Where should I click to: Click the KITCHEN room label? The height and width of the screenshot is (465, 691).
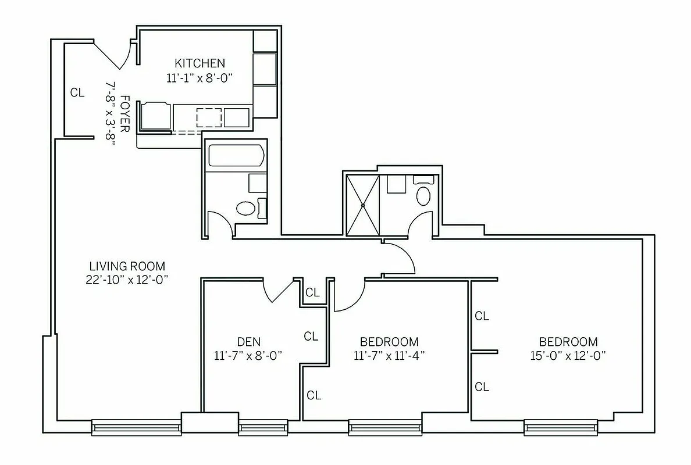pos(200,63)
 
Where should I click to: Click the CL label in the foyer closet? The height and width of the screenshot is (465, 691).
pos(77,92)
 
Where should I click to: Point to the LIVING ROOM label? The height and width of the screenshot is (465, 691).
pos(127,266)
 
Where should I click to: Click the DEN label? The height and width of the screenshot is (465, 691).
pos(248,341)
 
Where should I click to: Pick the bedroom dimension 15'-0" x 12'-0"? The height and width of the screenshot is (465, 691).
pos(568,356)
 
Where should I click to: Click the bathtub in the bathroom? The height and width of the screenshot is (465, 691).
pos(236,156)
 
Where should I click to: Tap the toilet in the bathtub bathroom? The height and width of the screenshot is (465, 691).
pos(246,208)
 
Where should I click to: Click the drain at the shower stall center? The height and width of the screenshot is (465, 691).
pos(362,205)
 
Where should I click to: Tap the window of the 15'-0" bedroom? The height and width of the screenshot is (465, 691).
pos(561,428)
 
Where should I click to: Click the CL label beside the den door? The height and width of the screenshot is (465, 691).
pos(312,292)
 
